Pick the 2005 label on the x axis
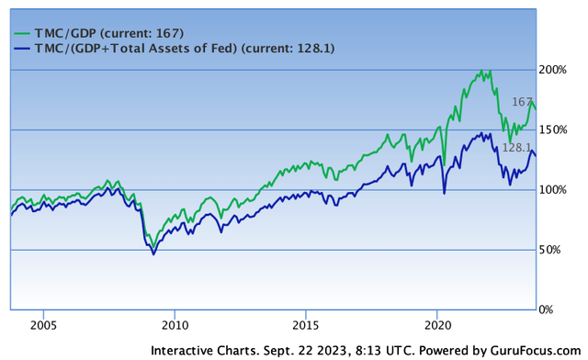43,325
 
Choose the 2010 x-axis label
175,325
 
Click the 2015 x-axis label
306,325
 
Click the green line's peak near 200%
479,70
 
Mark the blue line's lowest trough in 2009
153,253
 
